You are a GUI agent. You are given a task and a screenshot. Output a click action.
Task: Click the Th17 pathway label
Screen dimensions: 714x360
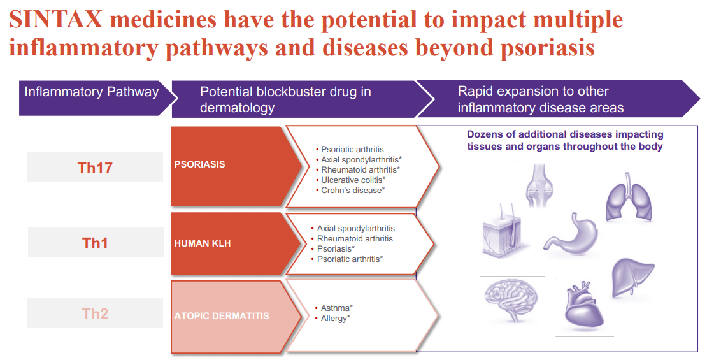[95, 168]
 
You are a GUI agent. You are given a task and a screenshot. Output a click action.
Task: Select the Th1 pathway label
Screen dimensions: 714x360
[95, 243]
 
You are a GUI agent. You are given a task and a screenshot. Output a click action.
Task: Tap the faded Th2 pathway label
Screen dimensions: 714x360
[95, 313]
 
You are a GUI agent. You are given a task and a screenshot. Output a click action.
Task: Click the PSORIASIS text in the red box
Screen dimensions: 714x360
[199, 164]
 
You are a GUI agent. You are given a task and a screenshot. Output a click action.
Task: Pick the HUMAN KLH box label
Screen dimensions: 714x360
[202, 243]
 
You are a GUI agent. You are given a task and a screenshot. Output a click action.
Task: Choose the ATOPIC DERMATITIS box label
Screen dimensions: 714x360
[221, 316]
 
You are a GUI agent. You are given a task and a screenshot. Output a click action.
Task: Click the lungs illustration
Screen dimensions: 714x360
[629, 197]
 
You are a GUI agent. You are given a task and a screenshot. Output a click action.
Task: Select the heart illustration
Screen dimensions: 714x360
[583, 305]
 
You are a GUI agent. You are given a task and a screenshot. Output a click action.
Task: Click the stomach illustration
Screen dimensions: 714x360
[571, 234]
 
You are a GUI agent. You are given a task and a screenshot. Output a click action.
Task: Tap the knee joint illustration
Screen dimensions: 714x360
[540, 186]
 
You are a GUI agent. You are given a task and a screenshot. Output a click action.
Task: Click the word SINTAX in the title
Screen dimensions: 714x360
[55, 20]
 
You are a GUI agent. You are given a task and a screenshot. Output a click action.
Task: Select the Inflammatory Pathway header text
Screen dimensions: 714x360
[91, 92]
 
